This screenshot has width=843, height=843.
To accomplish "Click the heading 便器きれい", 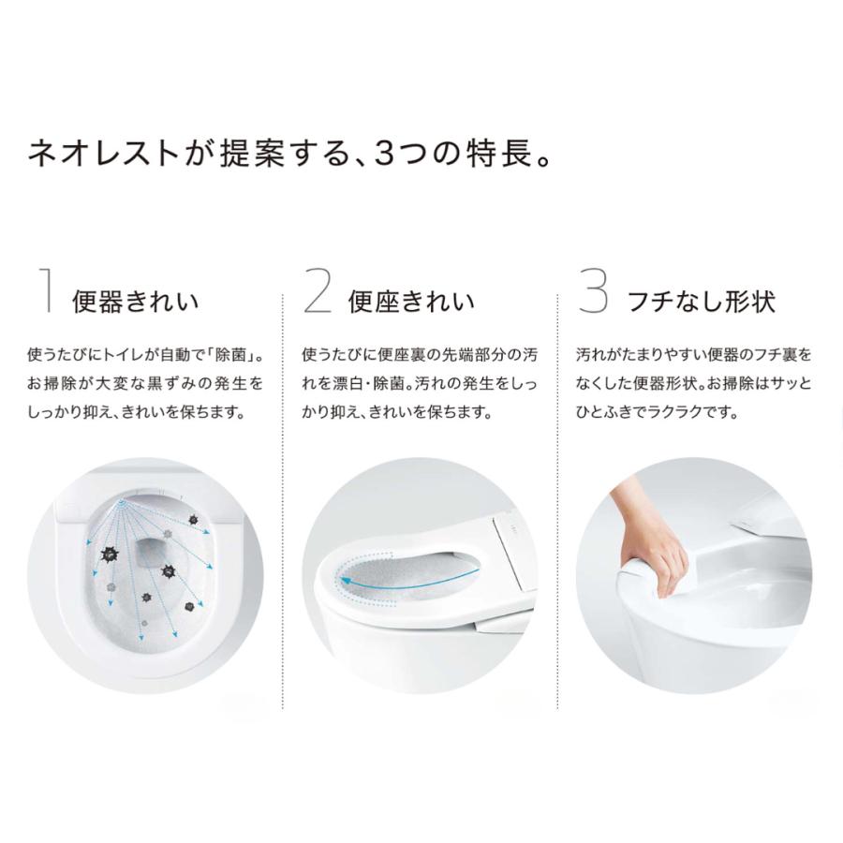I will (x=136, y=302).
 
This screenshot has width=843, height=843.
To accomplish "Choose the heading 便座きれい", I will (x=411, y=302).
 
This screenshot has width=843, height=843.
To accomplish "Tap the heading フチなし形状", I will (x=702, y=302).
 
